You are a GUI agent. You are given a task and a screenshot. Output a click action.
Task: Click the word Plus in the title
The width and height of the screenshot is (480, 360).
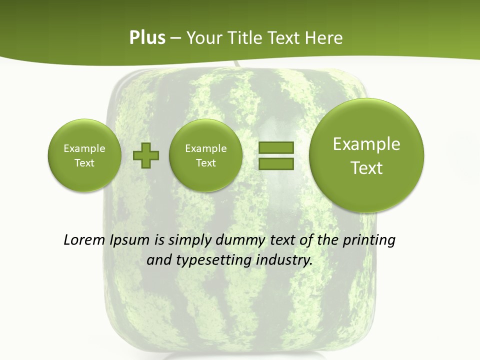click(x=147, y=38)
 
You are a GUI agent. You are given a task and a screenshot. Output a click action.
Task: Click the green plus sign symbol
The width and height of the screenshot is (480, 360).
click(x=146, y=155)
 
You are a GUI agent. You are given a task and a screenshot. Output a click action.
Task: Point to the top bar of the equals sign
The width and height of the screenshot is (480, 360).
click(x=276, y=147)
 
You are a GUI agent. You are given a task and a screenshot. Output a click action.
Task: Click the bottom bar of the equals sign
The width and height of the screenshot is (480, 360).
click(x=276, y=163)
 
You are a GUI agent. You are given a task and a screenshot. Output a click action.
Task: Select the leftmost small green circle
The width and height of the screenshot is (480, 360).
click(x=84, y=155)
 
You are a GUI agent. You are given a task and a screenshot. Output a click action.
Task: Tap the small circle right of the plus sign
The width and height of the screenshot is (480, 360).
click(x=205, y=155)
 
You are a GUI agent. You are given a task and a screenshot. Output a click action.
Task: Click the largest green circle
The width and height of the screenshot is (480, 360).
click(x=366, y=155)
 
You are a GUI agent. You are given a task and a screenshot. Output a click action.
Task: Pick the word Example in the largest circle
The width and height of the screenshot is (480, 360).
click(x=366, y=144)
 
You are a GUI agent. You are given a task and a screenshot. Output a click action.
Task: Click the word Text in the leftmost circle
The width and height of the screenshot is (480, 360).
click(x=84, y=163)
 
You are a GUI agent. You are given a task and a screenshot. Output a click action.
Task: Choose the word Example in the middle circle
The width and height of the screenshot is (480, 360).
click(x=205, y=148)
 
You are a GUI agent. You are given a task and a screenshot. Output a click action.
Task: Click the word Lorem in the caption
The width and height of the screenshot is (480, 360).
click(x=84, y=240)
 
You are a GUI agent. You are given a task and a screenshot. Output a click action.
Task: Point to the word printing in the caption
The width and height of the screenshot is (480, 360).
click(x=369, y=240)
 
